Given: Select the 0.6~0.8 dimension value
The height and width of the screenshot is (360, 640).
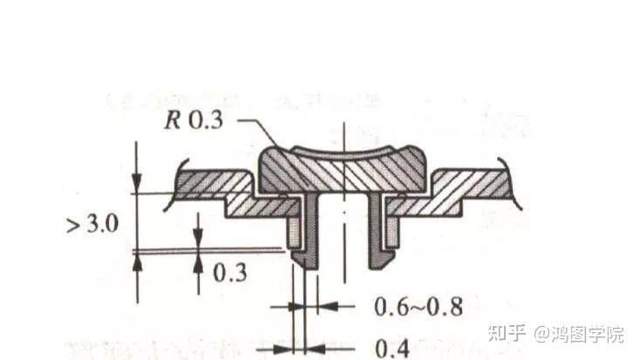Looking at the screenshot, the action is tap(418, 307).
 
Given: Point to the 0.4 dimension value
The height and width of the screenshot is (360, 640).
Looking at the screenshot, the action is tap(391, 349).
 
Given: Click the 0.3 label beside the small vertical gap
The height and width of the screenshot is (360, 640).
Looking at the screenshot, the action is tap(229, 272).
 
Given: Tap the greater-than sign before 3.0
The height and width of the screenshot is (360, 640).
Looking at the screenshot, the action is tap(73, 225).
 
